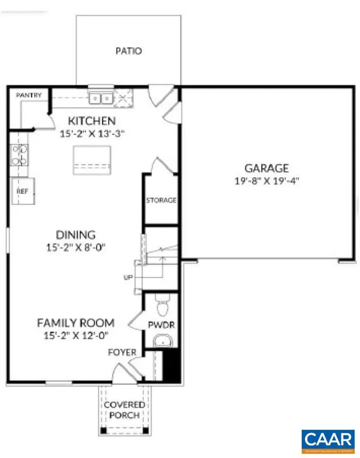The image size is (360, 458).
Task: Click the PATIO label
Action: [x=128, y=51]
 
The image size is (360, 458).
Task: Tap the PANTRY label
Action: [x=29, y=95]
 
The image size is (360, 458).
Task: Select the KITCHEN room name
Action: [x=92, y=121]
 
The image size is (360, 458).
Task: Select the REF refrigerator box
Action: [x=22, y=191]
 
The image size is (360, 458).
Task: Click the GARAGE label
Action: [x=266, y=169]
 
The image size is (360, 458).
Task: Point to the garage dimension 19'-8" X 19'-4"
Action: [x=266, y=181]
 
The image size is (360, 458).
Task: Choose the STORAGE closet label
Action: [x=161, y=200]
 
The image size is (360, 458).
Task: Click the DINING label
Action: [x=76, y=234]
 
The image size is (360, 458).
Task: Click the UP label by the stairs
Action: [x=128, y=278]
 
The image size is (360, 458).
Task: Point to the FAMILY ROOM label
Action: [x=76, y=322]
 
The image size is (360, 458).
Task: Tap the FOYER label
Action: [x=122, y=352]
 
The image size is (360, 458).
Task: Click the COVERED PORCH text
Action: [x=124, y=410]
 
